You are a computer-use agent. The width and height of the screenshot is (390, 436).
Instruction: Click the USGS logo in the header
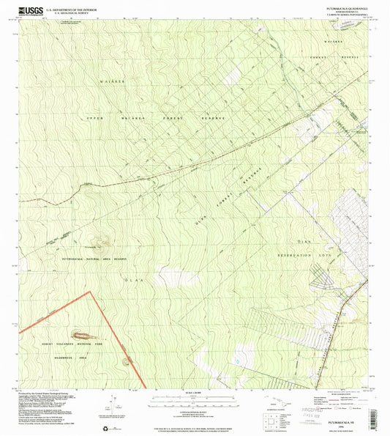pyautogui.click(x=31, y=10)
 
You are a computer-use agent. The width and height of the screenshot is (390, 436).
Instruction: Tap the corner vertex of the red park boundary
pyautogui.click(x=91, y=292)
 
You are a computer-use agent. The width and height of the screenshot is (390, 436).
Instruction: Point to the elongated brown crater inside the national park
pyautogui.click(x=126, y=361)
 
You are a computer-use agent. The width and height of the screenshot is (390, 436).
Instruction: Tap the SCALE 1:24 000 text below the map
pyautogui.click(x=194, y=398)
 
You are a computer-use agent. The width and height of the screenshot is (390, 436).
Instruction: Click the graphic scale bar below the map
pyautogui.click(x=194, y=404)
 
